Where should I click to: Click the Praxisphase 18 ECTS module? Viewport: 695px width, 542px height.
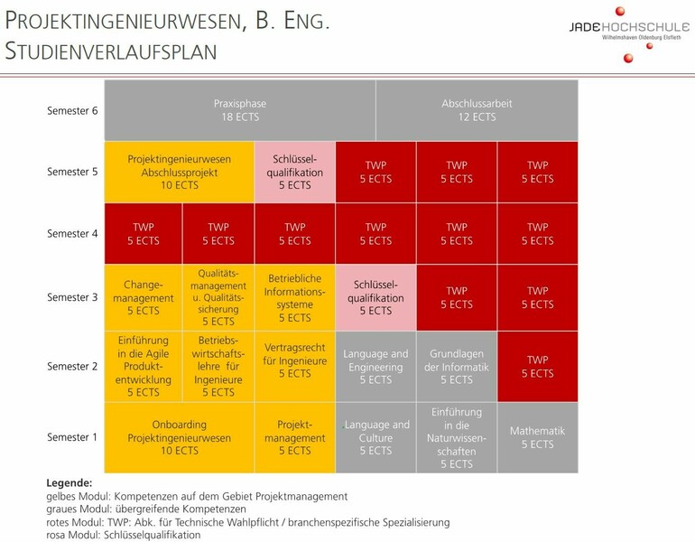[239, 110]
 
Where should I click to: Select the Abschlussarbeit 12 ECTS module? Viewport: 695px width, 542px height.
[477, 110]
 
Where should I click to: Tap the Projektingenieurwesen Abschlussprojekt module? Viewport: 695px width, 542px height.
[180, 172]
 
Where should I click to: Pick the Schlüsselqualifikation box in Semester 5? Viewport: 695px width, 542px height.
[295, 172]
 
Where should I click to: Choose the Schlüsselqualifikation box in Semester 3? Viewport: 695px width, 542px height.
[375, 297]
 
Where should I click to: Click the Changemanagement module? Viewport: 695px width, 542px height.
[143, 297]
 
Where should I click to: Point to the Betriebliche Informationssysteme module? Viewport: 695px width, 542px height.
[295, 297]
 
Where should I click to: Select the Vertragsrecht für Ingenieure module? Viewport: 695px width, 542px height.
[295, 366]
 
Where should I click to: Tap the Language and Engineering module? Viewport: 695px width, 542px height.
[375, 366]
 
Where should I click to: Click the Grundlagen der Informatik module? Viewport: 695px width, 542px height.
[457, 366]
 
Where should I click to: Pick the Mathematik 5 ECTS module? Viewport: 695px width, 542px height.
[537, 437]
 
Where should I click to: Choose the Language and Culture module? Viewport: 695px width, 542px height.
[375, 437]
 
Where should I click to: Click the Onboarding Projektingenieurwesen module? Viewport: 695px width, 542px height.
[180, 437]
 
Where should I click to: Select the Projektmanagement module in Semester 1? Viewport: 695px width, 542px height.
[295, 437]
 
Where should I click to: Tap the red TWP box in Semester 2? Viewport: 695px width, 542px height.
[537, 366]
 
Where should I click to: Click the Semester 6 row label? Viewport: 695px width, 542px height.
[72, 110]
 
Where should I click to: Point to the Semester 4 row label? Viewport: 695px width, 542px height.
[72, 233]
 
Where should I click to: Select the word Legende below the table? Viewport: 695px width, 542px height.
[69, 483]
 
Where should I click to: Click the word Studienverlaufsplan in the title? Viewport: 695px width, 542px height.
[111, 51]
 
